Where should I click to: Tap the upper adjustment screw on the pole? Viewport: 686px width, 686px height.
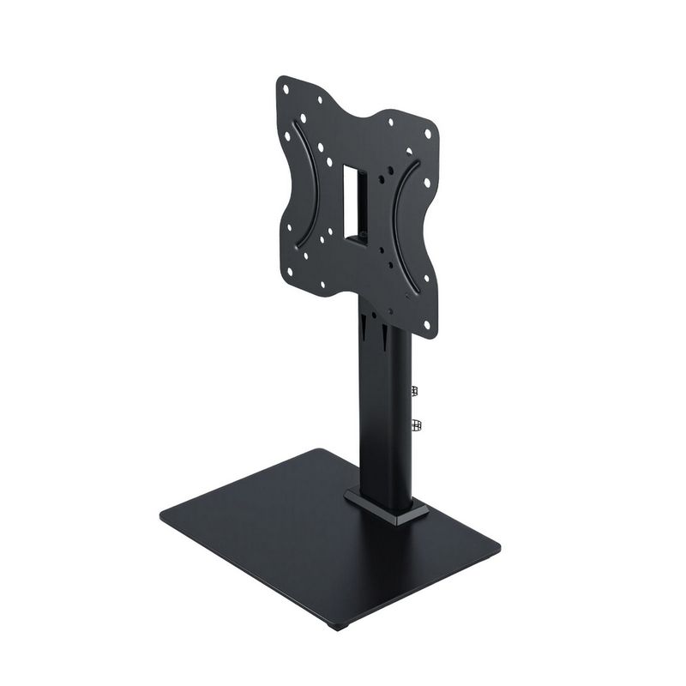(x=415, y=391)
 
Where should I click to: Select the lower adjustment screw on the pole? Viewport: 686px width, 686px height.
(x=417, y=424)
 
